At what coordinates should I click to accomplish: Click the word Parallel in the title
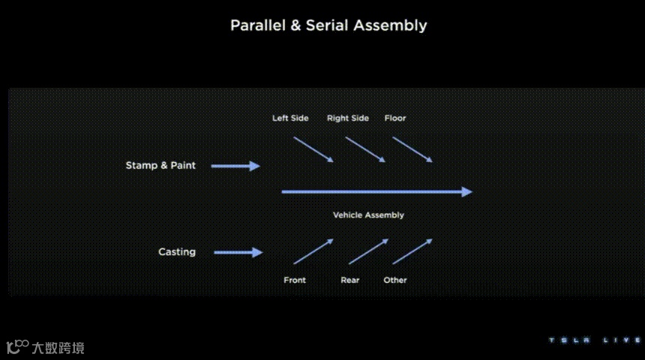[x=256, y=25]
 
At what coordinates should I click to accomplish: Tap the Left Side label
[x=290, y=118]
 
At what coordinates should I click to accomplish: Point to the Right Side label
[x=348, y=118]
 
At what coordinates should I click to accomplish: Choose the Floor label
[x=395, y=118]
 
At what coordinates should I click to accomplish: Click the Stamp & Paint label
[x=160, y=165]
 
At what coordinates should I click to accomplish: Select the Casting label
[x=177, y=252]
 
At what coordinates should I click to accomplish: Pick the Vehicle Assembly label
[x=368, y=215]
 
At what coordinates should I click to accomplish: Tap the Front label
[x=295, y=280]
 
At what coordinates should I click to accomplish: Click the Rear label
[x=350, y=280]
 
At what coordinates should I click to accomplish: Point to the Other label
[x=395, y=280]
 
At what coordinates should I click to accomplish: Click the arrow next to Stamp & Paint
[x=235, y=166]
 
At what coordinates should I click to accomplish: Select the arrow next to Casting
[x=238, y=253]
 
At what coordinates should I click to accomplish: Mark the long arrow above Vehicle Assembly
[x=376, y=192]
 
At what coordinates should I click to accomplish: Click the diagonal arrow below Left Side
[x=313, y=149]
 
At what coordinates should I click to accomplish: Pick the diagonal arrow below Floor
[x=412, y=149]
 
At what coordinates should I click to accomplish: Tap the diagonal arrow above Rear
[x=368, y=251]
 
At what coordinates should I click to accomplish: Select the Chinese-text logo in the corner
[x=46, y=347]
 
